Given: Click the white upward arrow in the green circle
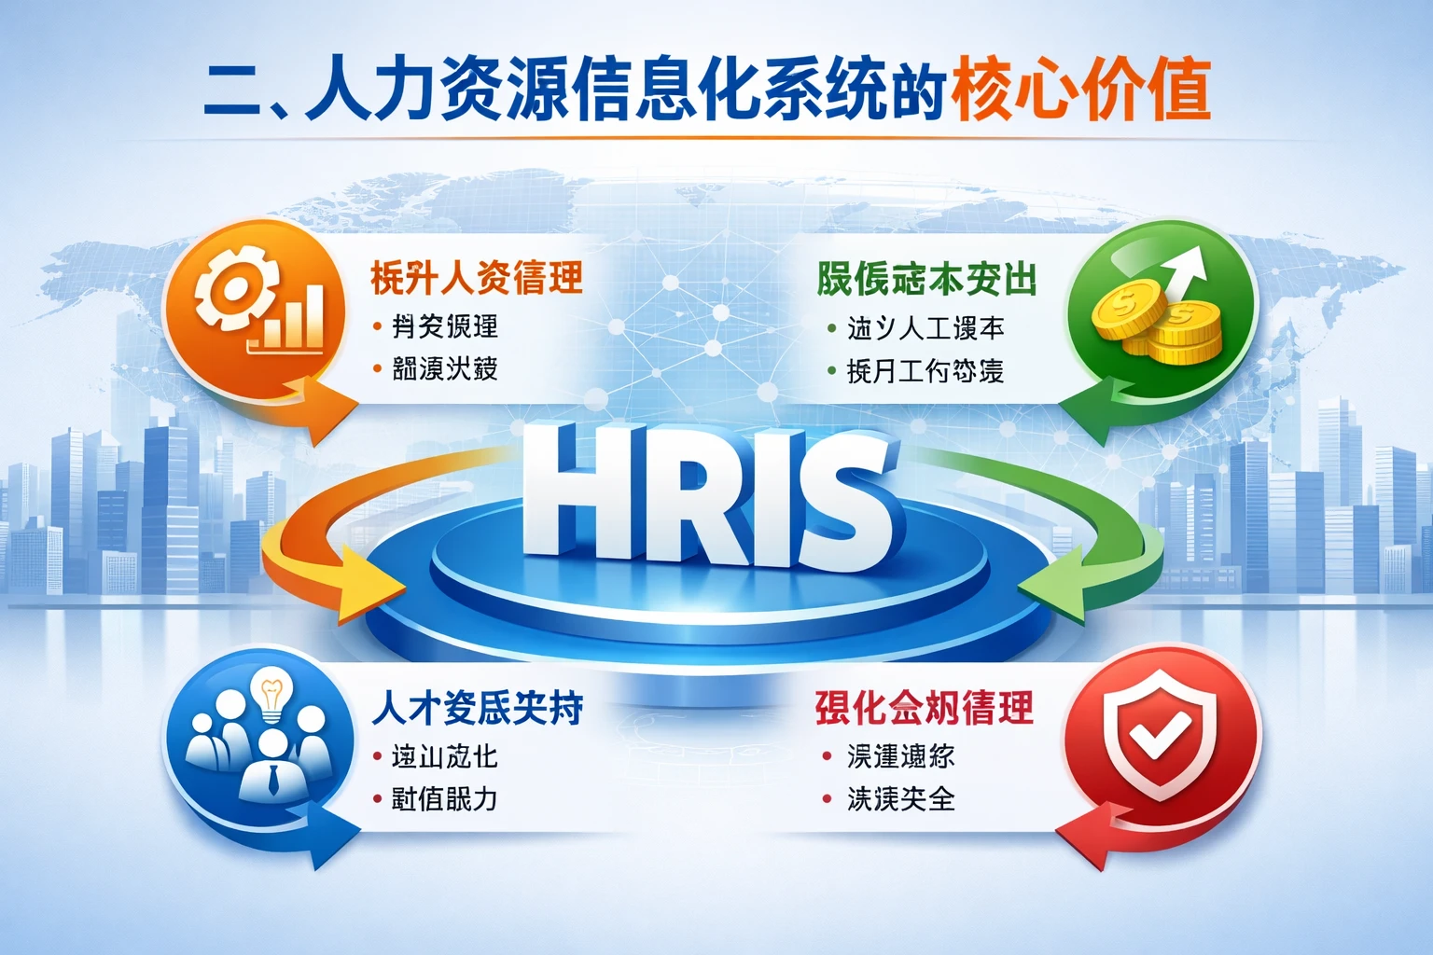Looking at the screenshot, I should [x=1185, y=270].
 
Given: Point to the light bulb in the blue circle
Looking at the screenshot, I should [x=271, y=695].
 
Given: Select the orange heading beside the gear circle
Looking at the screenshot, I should [x=477, y=278].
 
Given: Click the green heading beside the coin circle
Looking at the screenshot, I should [x=926, y=279].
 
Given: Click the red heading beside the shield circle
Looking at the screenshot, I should [x=924, y=708].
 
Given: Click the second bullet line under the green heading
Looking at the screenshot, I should [x=925, y=371].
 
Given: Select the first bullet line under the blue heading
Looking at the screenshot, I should [x=444, y=756].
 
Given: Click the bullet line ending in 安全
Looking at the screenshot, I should [x=900, y=799].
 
